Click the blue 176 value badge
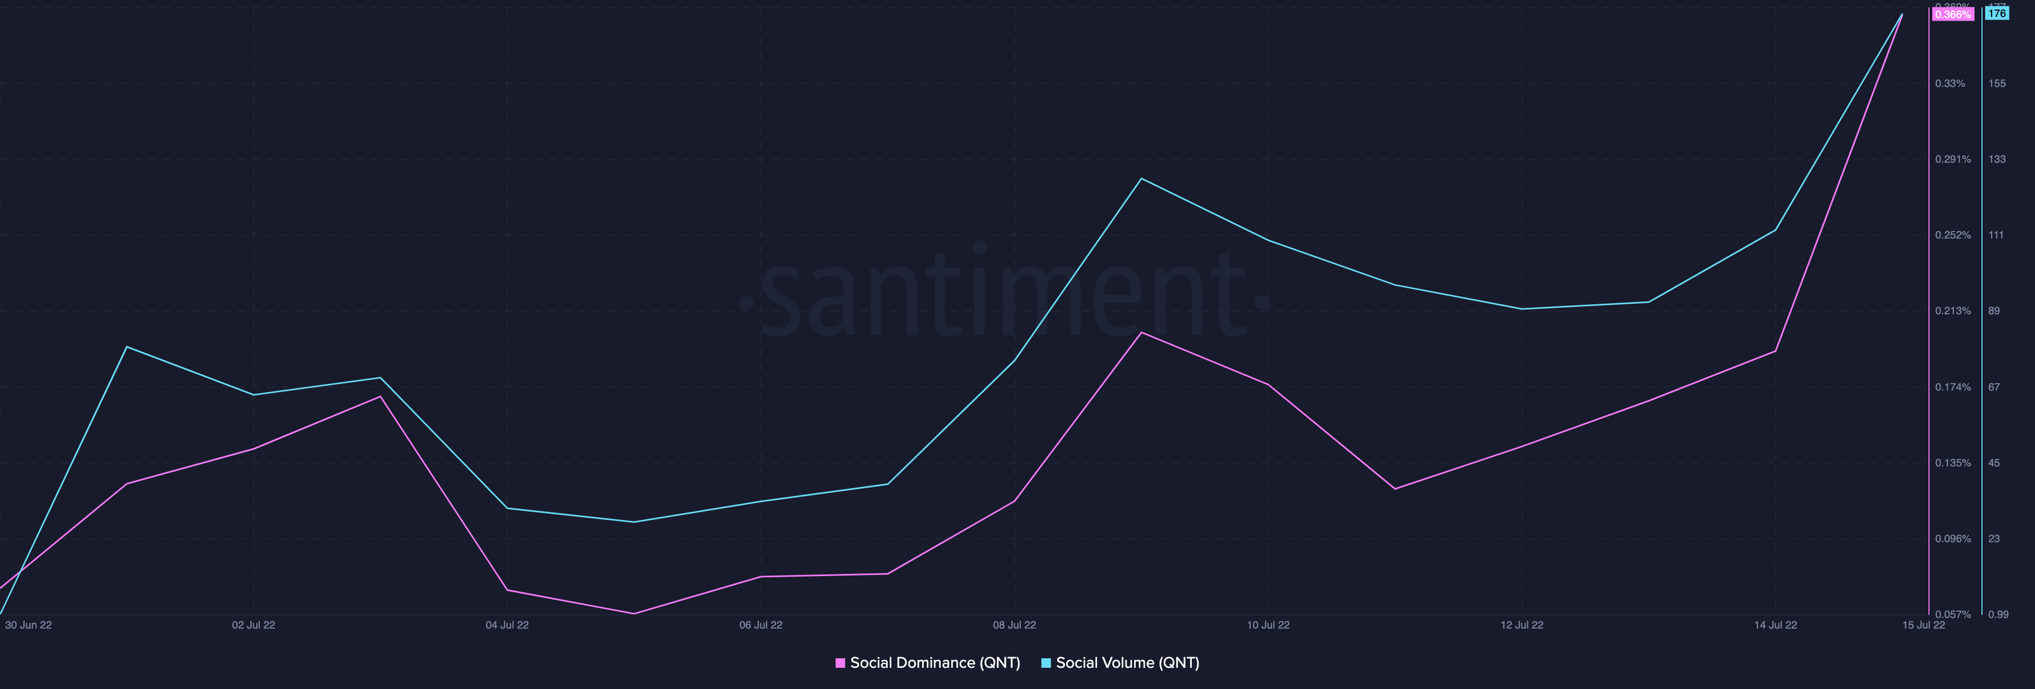point(1996,13)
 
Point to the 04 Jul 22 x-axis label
point(507,625)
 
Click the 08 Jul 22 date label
point(1014,625)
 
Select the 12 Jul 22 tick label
point(1521,625)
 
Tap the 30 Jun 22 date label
point(29,625)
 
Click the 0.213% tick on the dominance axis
point(1953,311)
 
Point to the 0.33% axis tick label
point(1950,83)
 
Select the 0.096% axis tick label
point(1953,539)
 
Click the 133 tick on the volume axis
point(1996,159)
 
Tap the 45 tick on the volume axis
point(1994,463)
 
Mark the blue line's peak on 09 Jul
point(1142,179)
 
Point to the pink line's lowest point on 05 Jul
point(634,613)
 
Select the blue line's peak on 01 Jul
point(127,347)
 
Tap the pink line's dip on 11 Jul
point(1395,488)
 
